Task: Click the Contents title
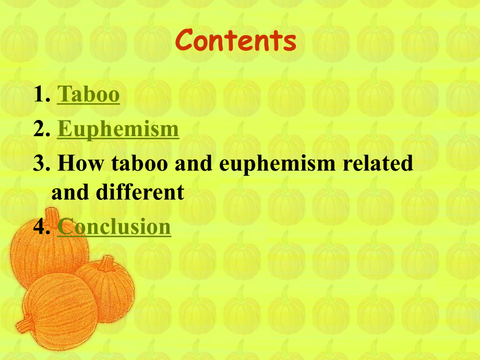[x=236, y=41]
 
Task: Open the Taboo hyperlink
[x=88, y=94]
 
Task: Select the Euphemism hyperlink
[x=118, y=129]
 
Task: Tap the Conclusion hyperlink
[x=114, y=227]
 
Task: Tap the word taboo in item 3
[x=138, y=164]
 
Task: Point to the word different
[x=140, y=193]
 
